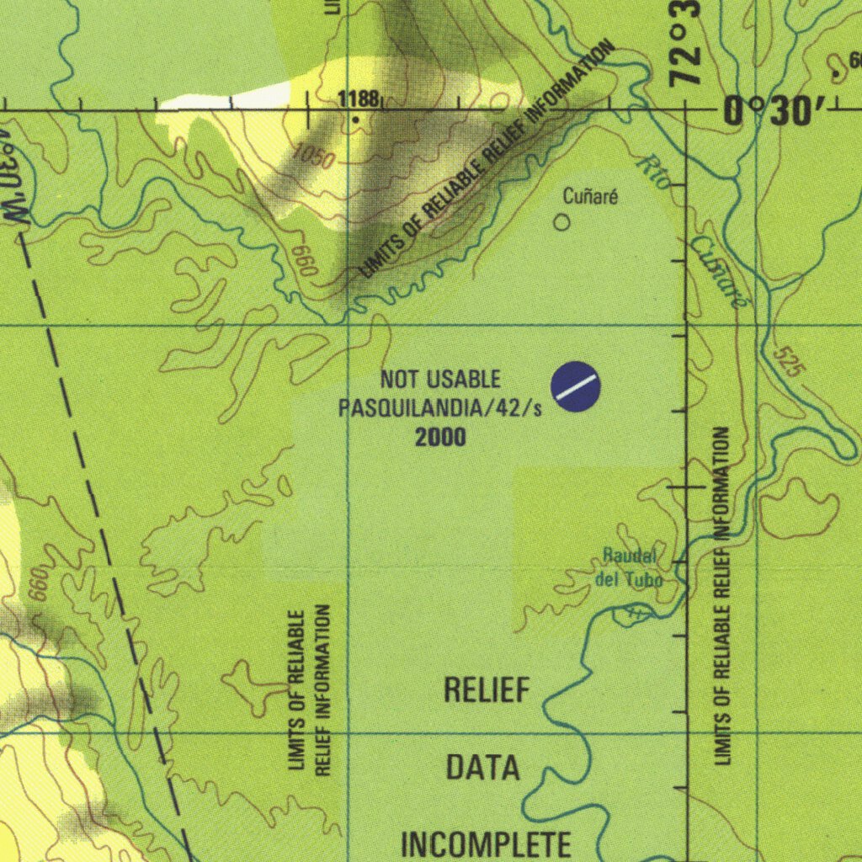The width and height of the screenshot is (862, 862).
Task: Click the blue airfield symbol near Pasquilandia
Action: pos(576,386)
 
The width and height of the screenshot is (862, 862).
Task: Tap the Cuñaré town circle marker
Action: pos(561,222)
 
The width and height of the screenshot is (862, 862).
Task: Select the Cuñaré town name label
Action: pos(590,198)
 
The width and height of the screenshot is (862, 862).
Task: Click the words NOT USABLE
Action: pos(440,380)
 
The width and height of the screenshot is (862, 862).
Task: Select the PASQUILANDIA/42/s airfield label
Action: pos(440,409)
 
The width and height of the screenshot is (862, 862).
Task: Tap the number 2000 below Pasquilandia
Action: pos(440,437)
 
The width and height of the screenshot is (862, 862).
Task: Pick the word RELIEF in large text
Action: pos(487,691)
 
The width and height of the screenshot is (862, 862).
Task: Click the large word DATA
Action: pos(482,768)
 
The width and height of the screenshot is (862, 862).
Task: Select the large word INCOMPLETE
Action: pos(486,843)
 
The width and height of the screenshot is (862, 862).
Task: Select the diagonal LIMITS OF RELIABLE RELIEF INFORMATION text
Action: pos(486,160)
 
